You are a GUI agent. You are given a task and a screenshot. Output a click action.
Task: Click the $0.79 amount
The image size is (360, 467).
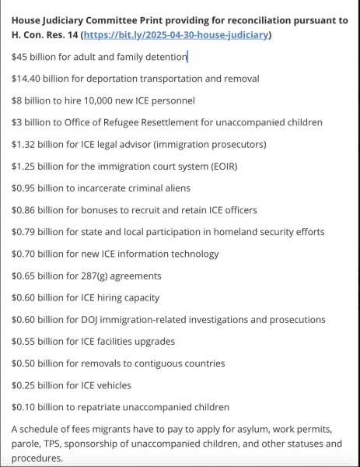pyautogui.click(x=25, y=232)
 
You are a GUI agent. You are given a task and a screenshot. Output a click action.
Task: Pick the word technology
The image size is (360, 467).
pyautogui.click(x=192, y=254)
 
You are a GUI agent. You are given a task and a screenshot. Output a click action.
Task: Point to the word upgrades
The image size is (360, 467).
pyautogui.click(x=152, y=341)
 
